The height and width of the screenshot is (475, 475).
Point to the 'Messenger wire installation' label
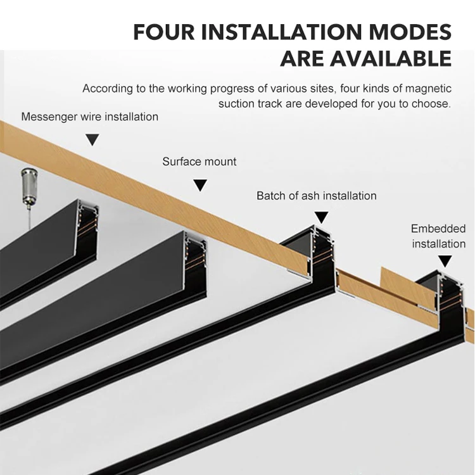point(89,117)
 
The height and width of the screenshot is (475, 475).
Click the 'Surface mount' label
point(199,161)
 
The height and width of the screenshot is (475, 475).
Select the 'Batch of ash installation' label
point(316,196)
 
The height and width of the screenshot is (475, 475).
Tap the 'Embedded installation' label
point(438,236)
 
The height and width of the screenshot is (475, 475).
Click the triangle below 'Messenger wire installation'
point(92,139)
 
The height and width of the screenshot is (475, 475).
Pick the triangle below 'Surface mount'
point(200,185)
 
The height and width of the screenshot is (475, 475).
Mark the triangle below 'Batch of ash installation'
point(322,217)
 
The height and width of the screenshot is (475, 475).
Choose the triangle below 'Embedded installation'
point(445,260)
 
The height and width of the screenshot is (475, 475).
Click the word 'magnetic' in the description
point(429,89)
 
